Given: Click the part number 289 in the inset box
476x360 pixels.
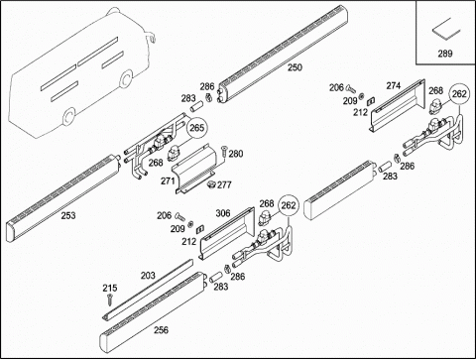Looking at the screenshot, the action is click(x=445, y=54).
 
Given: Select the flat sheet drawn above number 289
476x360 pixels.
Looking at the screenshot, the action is click(x=446, y=29).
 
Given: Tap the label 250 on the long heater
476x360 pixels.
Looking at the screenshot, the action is click(x=295, y=67).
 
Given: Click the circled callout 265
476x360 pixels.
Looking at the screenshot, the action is click(x=197, y=128).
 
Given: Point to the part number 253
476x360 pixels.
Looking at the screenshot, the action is click(x=68, y=215).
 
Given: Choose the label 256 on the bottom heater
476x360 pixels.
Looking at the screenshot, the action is click(x=161, y=330).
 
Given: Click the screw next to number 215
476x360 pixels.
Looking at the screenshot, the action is click(x=110, y=300).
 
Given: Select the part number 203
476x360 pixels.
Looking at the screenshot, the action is click(x=148, y=276).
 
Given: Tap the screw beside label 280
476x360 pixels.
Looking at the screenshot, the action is click(x=223, y=152).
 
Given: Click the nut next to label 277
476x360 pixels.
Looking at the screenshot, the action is click(x=210, y=184).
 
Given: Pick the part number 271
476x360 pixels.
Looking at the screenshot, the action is click(x=168, y=181).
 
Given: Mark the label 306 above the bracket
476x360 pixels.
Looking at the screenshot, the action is click(x=223, y=213).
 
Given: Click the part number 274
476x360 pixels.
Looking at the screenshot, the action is click(x=394, y=86).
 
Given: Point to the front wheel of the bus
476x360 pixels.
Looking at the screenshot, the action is click(x=127, y=79).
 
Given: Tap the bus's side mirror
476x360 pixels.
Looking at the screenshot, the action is click(x=151, y=36).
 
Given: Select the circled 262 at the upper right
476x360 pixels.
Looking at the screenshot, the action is click(x=459, y=94).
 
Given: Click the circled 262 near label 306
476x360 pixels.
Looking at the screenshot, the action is click(x=289, y=205).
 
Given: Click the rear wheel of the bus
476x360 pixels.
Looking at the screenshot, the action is click(x=69, y=117).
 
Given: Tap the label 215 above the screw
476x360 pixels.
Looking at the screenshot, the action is click(x=109, y=288).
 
